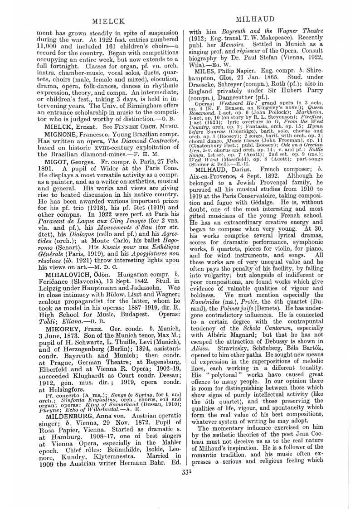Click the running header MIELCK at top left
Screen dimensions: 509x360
pyautogui.click(x=105, y=21)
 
